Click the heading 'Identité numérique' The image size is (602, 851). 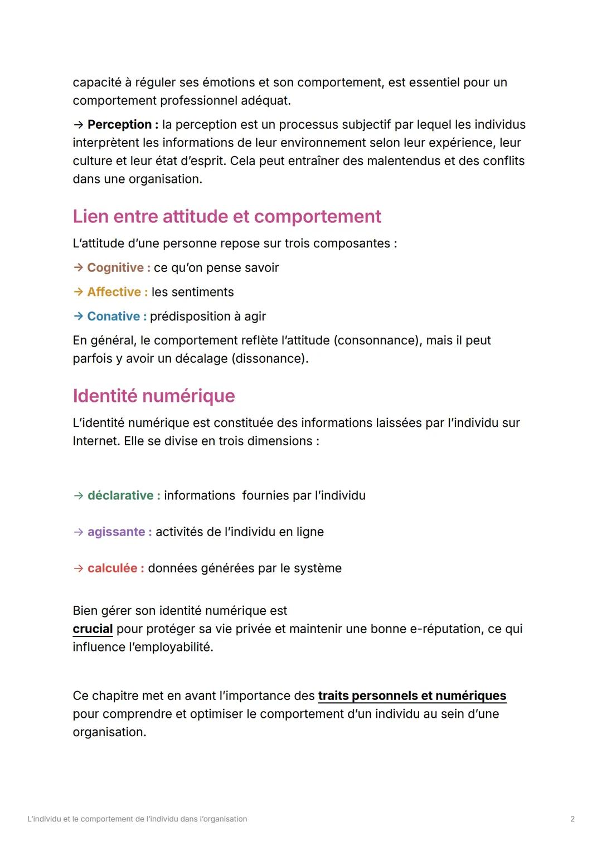point(154,396)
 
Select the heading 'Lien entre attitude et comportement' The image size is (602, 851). point(227,216)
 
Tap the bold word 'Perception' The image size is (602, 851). point(119,124)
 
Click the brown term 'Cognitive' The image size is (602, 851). point(115,268)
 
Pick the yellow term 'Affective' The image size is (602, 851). point(114,292)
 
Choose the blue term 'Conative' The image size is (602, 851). point(114,317)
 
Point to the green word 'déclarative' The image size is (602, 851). point(120,495)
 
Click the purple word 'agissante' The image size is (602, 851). point(116,532)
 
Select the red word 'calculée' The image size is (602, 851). point(112,568)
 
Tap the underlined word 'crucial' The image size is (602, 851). point(93,629)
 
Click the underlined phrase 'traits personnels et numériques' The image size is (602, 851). point(412,696)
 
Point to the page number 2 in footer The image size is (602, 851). point(572,819)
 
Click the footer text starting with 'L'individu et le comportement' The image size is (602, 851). point(137,819)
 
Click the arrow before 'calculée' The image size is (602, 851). point(78,568)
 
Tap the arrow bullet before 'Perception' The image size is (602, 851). point(78,124)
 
